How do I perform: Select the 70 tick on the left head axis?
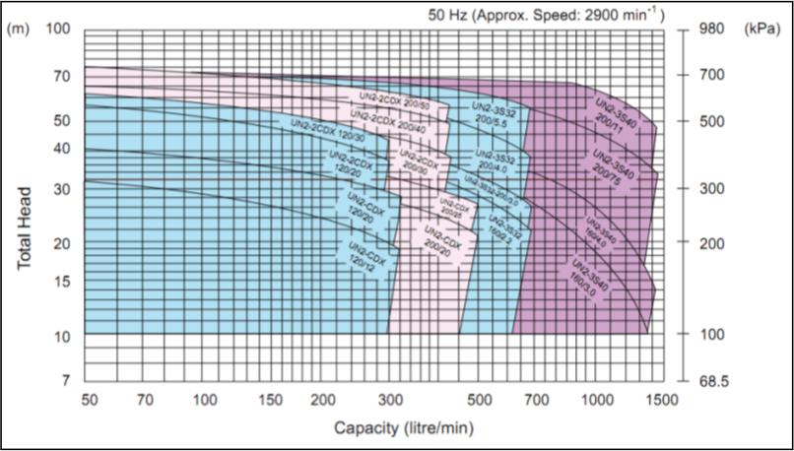(63, 75)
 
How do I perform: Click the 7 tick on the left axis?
(67, 379)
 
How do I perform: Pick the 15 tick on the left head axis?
(63, 281)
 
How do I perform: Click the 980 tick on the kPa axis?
(711, 29)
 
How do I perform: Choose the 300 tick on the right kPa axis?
(711, 188)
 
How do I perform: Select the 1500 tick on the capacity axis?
(663, 400)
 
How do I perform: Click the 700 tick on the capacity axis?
(537, 400)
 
